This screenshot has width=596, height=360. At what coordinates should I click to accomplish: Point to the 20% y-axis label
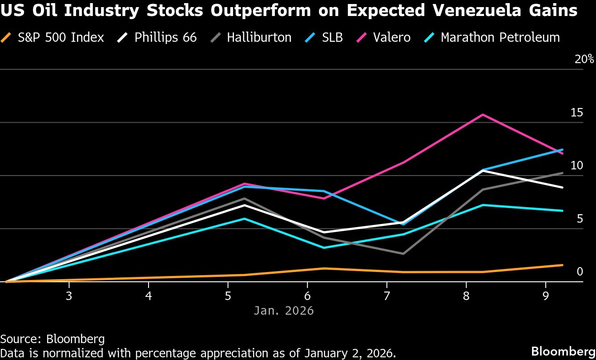[x=584, y=60]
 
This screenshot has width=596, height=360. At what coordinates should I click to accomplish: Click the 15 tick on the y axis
[x=577, y=113]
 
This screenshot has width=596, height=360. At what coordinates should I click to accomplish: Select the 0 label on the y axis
[x=580, y=272]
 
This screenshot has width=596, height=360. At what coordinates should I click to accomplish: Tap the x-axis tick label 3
[x=69, y=296]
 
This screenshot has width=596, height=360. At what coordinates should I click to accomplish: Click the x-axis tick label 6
[x=307, y=296]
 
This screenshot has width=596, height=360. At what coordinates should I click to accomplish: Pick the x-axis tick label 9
[x=546, y=296]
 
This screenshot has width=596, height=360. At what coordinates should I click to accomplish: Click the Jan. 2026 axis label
[x=284, y=310]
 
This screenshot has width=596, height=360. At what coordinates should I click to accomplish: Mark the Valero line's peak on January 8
[x=483, y=115]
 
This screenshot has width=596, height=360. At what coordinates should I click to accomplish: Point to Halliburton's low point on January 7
[x=403, y=254]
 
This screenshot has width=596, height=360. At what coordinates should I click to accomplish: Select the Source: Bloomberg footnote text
[x=52, y=339]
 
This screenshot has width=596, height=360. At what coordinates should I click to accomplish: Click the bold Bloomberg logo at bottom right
[x=563, y=351]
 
